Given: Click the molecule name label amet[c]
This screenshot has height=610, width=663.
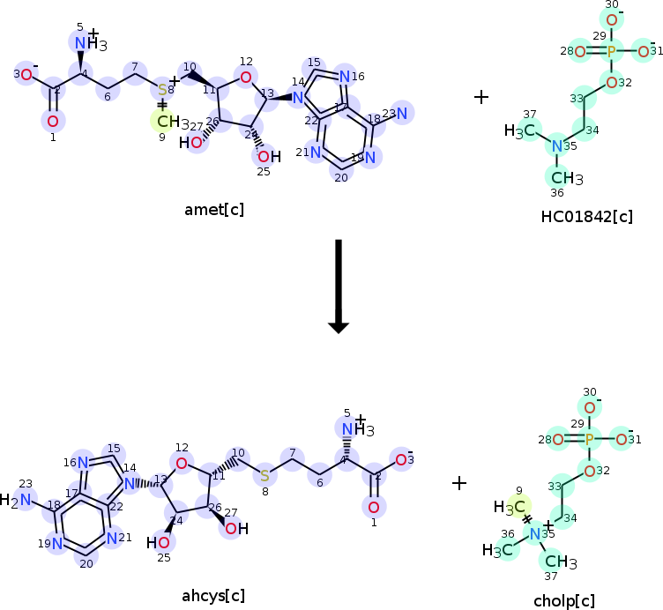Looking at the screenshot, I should click(x=214, y=209).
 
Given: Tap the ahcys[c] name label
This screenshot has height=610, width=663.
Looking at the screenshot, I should click(x=214, y=595).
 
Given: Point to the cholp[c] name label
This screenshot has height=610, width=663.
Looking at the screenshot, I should click(x=564, y=601).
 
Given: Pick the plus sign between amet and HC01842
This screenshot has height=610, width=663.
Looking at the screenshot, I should click(x=481, y=96).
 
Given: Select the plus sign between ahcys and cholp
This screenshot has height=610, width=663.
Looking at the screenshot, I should click(x=459, y=482).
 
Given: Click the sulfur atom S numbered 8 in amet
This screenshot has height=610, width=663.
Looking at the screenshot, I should click(x=162, y=90).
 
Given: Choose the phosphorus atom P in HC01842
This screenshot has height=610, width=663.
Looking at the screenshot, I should click(x=612, y=52).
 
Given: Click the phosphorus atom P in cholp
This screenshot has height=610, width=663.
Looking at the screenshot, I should click(x=590, y=439).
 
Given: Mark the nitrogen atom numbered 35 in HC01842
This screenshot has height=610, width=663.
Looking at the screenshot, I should click(x=556, y=145).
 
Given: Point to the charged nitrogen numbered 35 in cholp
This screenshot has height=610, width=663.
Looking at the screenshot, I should click(x=534, y=532).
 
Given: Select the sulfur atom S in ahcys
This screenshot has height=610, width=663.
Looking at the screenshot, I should click(x=264, y=476).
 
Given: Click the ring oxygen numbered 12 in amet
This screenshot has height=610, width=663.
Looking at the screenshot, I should click(x=246, y=78).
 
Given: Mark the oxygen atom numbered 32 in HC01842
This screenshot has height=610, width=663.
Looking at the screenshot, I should click(x=612, y=83).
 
